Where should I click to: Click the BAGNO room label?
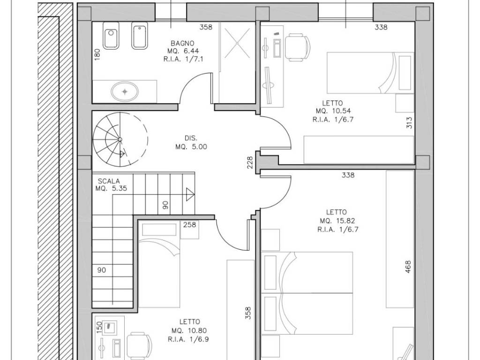[182, 43]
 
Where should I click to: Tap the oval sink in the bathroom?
[125, 91]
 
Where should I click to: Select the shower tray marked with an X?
[237, 43]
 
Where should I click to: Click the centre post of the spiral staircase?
[120, 140]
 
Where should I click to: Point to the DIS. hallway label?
[191, 138]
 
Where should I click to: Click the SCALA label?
[109, 181]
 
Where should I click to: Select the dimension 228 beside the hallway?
[250, 163]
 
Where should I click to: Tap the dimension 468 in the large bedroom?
[408, 267]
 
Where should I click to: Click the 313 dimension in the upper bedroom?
[410, 122]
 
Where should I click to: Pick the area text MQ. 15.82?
[337, 221]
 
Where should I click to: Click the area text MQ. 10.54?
[333, 111]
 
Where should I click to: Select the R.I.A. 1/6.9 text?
[188, 339]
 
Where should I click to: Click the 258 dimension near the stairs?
[189, 225]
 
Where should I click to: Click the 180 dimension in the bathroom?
[97, 54]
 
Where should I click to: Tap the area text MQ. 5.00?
[191, 147]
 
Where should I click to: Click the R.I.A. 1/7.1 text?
[183, 59]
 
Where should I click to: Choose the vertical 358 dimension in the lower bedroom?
[248, 313]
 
